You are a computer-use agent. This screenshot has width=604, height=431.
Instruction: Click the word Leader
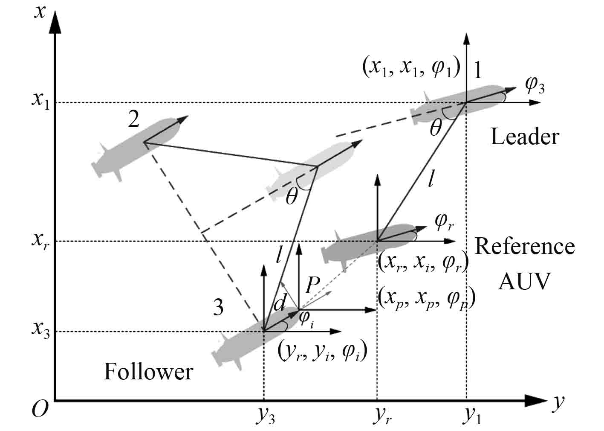(x=524, y=137)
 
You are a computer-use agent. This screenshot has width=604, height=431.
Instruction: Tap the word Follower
(x=148, y=372)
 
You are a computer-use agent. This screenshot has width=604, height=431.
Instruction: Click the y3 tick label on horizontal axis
(x=265, y=417)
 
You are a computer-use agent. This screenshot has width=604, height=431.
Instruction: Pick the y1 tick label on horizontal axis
(x=471, y=417)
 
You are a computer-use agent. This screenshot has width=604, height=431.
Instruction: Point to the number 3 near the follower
(x=218, y=307)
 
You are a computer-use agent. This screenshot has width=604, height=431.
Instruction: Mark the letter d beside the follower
(x=279, y=304)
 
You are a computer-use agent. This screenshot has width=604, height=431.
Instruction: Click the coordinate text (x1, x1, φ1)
(x=411, y=67)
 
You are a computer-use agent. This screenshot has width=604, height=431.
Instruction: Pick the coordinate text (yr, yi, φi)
(x=322, y=352)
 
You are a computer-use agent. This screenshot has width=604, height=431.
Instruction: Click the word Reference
(x=524, y=247)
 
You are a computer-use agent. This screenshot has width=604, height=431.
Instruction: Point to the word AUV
(x=524, y=281)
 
